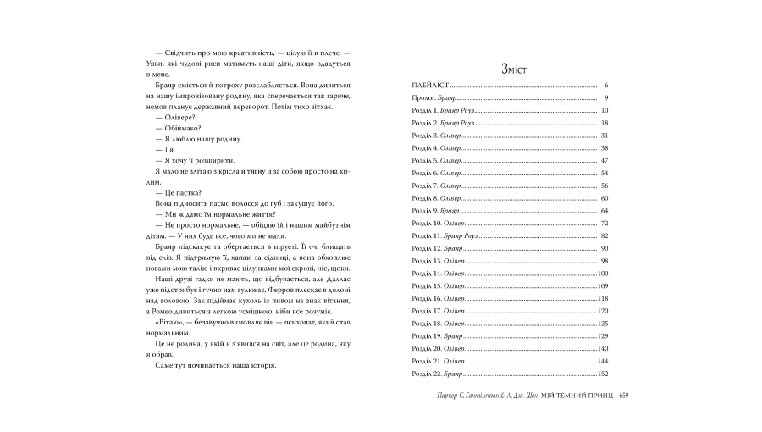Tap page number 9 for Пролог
click(606, 98)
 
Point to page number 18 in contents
click(605, 123)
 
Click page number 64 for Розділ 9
click(605, 210)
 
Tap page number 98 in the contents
click(605, 260)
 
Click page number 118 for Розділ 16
click(603, 298)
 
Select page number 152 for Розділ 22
click(603, 373)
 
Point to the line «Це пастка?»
click(177, 191)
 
